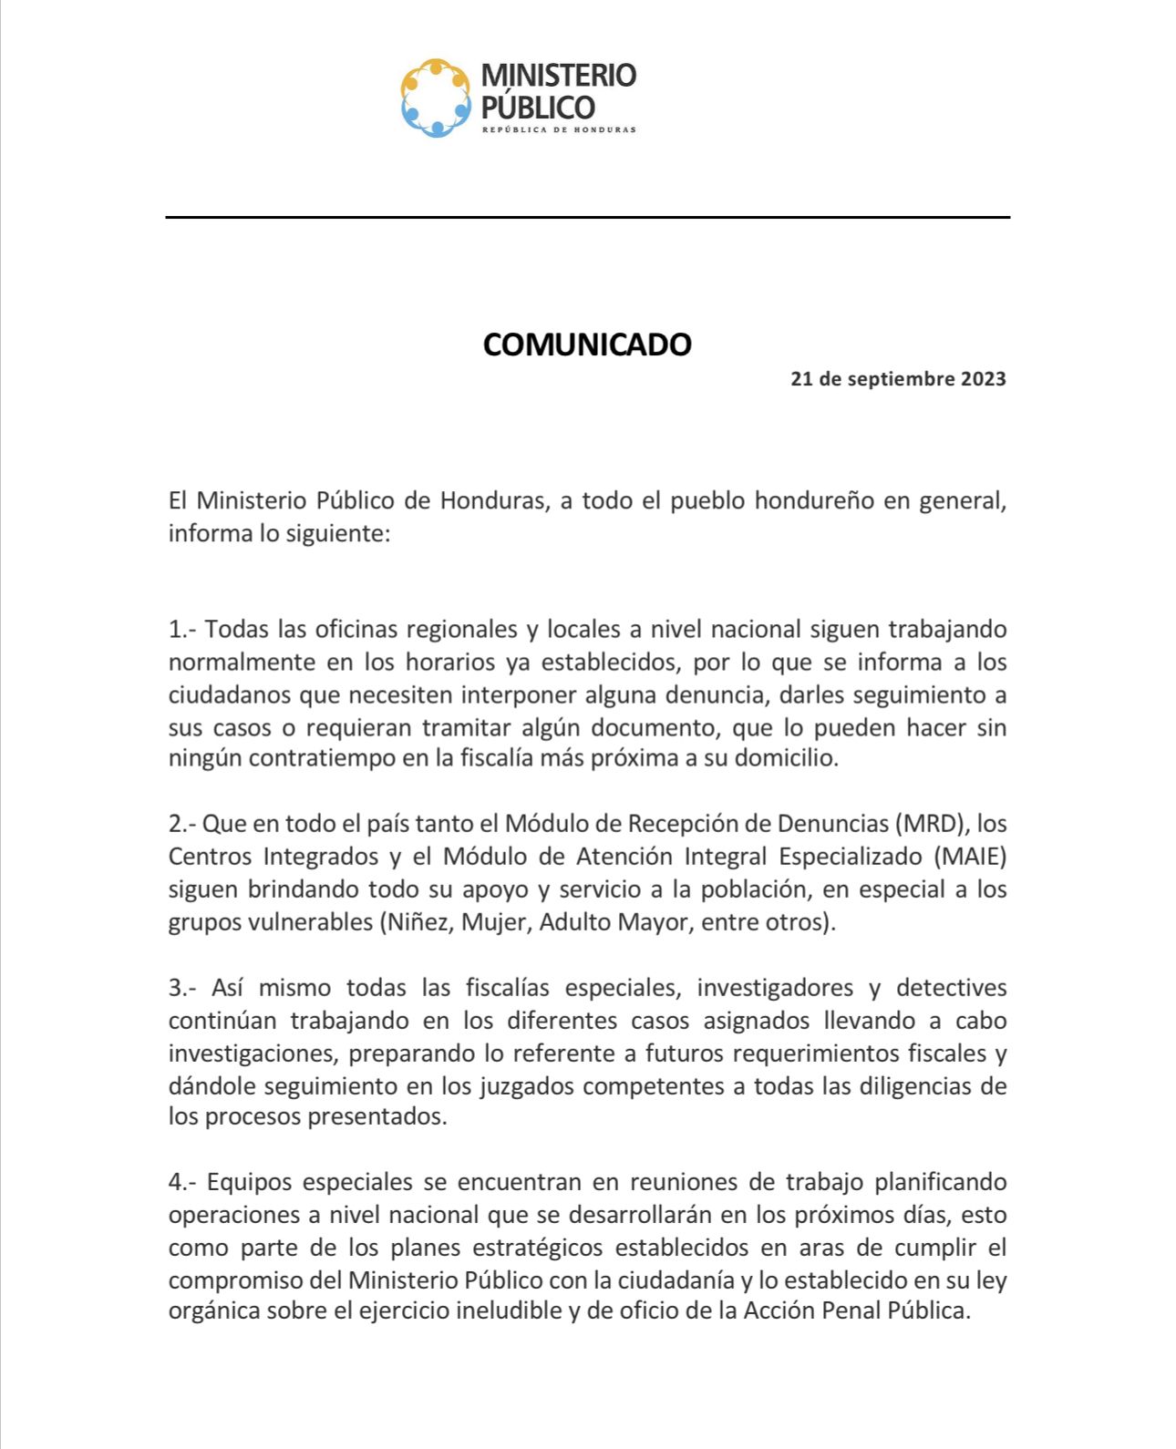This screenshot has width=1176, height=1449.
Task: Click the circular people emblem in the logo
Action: [437, 98]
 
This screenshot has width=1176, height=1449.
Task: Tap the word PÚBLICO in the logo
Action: [537, 108]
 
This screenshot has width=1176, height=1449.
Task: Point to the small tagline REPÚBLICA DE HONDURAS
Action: [558, 129]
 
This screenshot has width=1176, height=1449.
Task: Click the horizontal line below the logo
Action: [587, 217]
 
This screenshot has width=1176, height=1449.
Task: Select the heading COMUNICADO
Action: [587, 344]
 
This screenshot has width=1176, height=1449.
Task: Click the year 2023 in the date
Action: [983, 379]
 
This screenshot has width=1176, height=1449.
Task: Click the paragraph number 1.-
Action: [182, 630]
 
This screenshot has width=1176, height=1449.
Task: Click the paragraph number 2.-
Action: [182, 824]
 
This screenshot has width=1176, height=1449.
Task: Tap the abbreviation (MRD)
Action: [932, 824]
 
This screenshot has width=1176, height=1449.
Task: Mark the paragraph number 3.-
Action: [182, 988]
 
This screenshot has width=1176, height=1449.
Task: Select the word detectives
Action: [951, 988]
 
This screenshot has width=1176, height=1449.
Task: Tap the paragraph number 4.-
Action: [183, 1183]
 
